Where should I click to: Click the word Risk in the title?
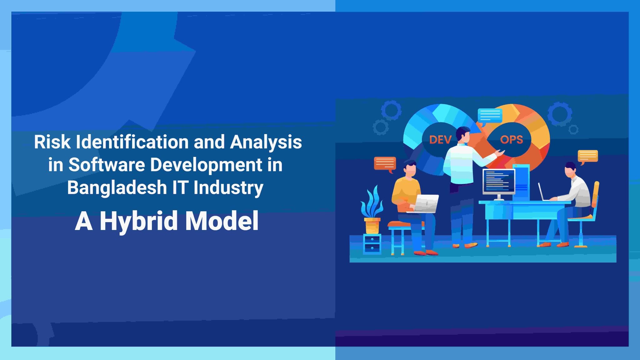(52, 142)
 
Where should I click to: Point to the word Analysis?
(266, 142)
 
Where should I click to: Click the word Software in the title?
(107, 165)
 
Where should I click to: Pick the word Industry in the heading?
(228, 187)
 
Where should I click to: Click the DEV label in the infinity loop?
(440, 140)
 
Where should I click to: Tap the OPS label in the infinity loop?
(511, 140)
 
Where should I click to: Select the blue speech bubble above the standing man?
(490, 116)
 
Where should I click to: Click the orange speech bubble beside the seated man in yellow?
(385, 163)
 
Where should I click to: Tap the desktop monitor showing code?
(498, 181)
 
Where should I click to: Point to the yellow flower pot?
(372, 226)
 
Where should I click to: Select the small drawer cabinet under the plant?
(372, 244)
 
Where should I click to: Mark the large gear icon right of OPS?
(559, 114)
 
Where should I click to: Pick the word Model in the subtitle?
(222, 221)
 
